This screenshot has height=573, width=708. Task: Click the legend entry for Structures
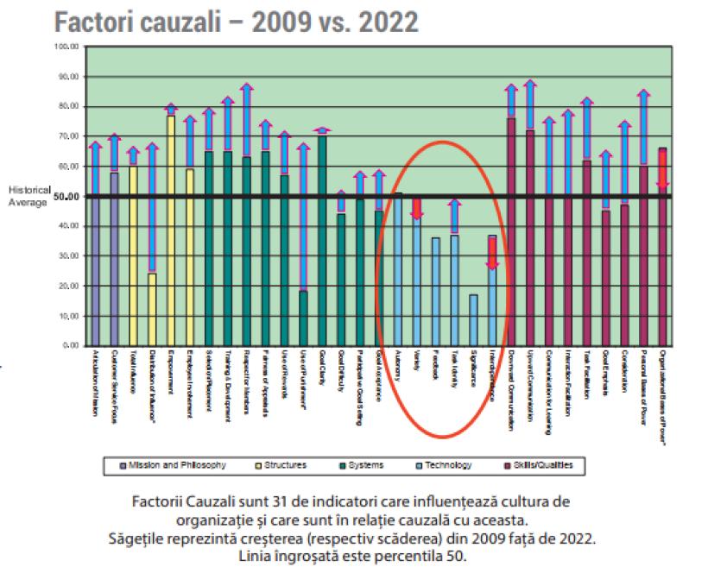pyautogui.click(x=281, y=465)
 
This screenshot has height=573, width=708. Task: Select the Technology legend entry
pyautogui.click(x=446, y=465)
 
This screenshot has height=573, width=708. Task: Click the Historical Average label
pyautogui.click(x=29, y=197)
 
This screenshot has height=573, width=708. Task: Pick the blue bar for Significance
pyautogui.click(x=473, y=320)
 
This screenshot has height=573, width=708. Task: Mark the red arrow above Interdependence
pyautogui.click(x=492, y=251)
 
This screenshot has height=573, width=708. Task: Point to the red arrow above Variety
pyautogui.click(x=416, y=208)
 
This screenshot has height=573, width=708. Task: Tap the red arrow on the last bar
pyautogui.click(x=663, y=169)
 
